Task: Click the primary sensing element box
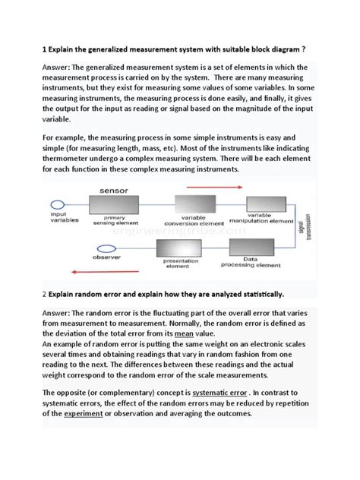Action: click(114, 204)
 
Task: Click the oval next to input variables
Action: click(58, 204)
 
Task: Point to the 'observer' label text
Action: click(64, 257)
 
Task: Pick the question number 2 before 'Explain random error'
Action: click(45, 293)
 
